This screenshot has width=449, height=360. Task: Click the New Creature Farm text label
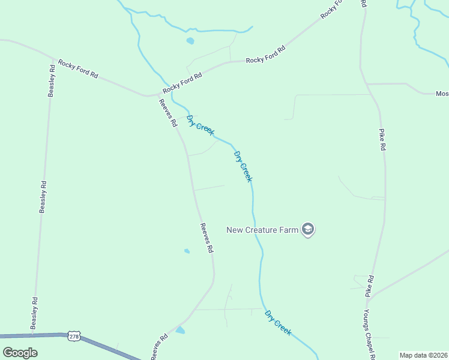(262, 229)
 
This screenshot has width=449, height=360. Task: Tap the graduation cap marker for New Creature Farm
(308, 229)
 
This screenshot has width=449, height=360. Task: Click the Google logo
(19, 352)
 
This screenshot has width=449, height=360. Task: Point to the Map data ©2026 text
(423, 355)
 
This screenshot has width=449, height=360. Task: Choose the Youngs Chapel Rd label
(369, 335)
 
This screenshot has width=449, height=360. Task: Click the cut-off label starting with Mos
(442, 94)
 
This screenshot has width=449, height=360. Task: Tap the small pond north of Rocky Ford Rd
(190, 41)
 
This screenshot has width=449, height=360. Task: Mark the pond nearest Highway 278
(180, 330)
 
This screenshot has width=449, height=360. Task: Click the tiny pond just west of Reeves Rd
(187, 251)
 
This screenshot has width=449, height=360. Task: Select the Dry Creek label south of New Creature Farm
(278, 322)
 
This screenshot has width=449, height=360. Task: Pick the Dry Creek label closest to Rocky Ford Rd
(199, 125)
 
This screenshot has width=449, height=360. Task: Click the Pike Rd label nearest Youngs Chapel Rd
(370, 286)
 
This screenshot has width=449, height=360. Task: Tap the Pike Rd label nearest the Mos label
(382, 139)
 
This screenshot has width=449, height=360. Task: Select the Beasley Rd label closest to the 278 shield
(35, 313)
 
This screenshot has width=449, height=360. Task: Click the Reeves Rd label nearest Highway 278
(159, 347)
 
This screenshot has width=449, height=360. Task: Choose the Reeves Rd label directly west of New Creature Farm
(206, 237)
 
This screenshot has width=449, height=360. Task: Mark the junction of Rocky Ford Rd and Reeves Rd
(157, 94)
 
